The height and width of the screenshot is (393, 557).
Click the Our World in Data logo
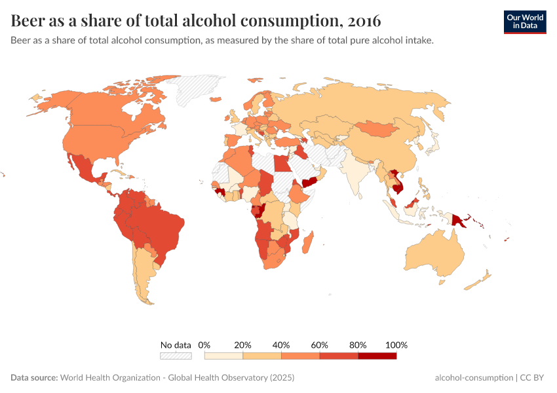[524, 22]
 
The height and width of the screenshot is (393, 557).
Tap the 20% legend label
[243, 345]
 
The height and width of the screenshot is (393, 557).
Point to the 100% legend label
[396, 345]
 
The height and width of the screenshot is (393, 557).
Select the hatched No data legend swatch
[176, 356]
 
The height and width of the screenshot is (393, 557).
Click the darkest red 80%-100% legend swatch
[377, 356]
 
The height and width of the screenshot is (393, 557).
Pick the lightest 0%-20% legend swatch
[223, 356]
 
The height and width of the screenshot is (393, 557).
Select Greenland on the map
[197, 92]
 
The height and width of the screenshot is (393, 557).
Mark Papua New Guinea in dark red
[458, 219]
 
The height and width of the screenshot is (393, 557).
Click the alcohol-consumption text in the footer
[474, 378]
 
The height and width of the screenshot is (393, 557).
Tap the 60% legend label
[319, 345]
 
